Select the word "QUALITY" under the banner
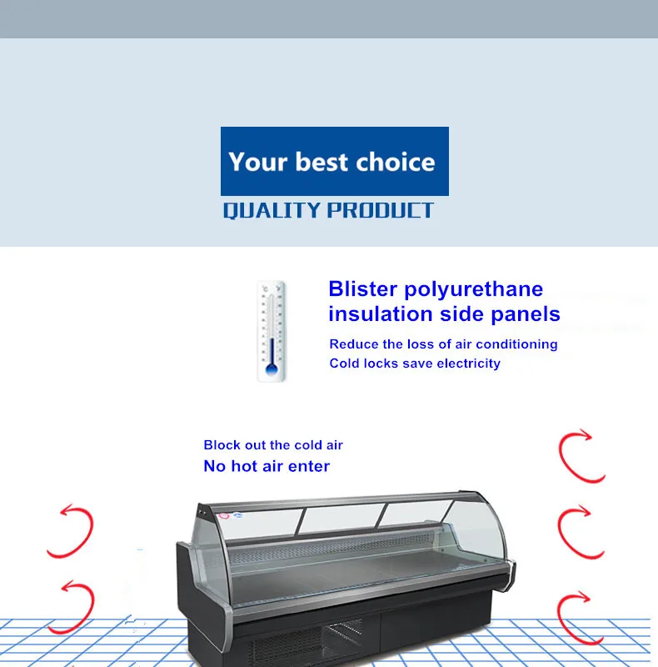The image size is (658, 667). (272, 210)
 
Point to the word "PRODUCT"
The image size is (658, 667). (381, 210)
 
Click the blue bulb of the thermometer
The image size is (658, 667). (272, 369)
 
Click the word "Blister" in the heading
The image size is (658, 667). (363, 288)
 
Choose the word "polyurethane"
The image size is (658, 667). (474, 290)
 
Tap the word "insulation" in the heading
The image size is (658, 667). (381, 314)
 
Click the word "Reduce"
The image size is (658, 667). (354, 344)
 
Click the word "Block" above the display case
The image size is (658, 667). (222, 445)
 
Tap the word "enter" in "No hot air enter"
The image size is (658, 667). (309, 467)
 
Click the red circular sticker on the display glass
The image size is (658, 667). (224, 516)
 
